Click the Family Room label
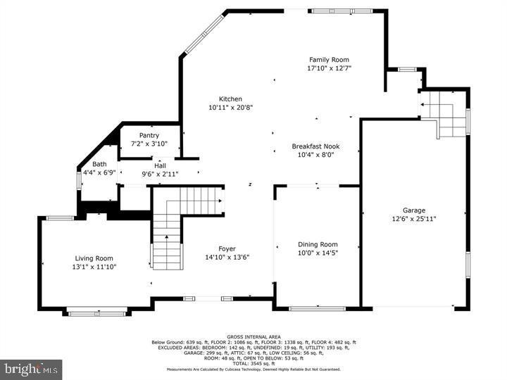click(329, 60)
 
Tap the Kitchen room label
click(230, 99)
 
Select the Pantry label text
click(149, 135)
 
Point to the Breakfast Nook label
click(316, 146)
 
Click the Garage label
click(414, 210)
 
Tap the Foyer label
click(227, 248)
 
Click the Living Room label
click(94, 258)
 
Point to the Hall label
click(160, 165)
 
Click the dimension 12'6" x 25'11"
click(414, 219)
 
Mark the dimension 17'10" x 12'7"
click(329, 69)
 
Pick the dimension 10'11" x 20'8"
click(230, 108)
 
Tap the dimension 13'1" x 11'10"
click(94, 267)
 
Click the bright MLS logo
click(32, 369)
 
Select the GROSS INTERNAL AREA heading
click(254, 336)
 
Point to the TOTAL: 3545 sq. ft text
click(254, 363)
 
